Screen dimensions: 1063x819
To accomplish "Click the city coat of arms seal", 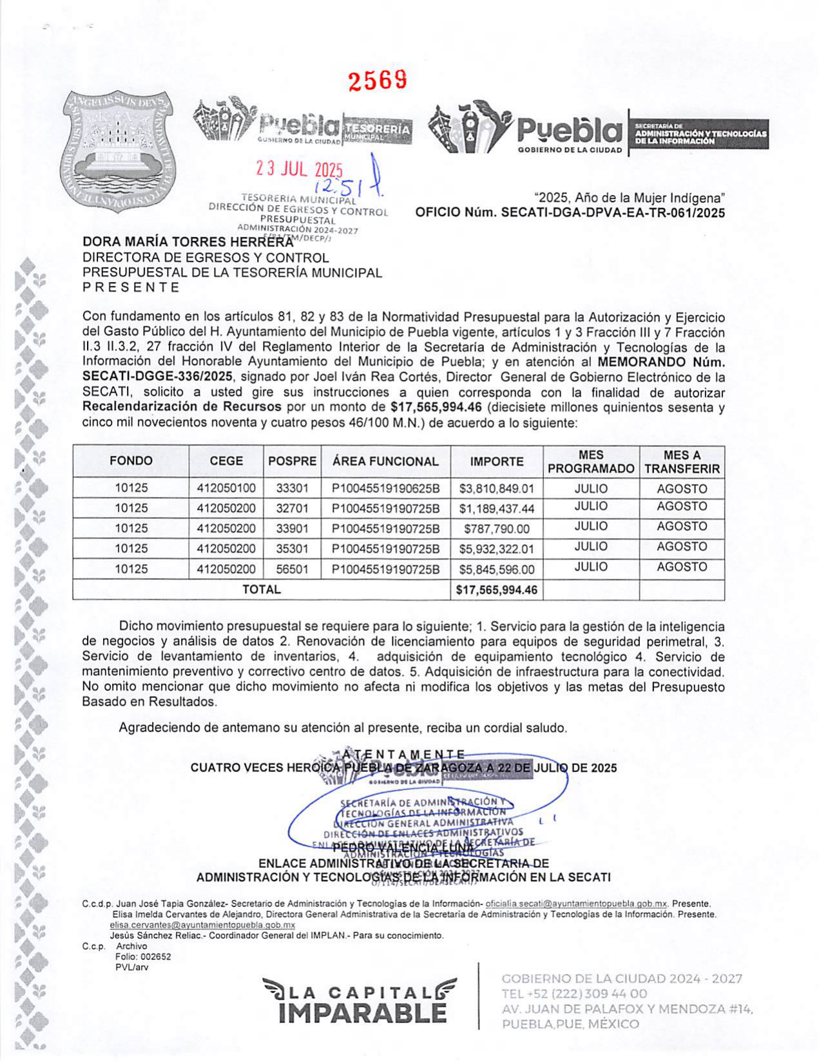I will coord(118,153).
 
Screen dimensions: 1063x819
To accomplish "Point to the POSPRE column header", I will coord(292,462).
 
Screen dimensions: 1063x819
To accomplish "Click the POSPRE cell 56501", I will coord(292,570).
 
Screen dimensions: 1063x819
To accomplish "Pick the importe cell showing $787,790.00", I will coord(496,529).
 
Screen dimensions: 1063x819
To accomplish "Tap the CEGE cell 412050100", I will coord(226,489).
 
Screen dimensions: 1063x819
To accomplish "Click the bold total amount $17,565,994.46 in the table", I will coord(496,590).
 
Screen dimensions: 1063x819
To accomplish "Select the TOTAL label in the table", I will coord(261,590).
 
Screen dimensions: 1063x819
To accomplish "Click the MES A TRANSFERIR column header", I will coord(681,462).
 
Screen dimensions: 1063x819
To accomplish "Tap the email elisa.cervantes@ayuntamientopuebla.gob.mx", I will coord(202,925).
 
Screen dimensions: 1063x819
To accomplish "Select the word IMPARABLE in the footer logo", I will coord(363,1012).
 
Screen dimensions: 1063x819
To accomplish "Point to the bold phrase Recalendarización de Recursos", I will coord(182,408).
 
